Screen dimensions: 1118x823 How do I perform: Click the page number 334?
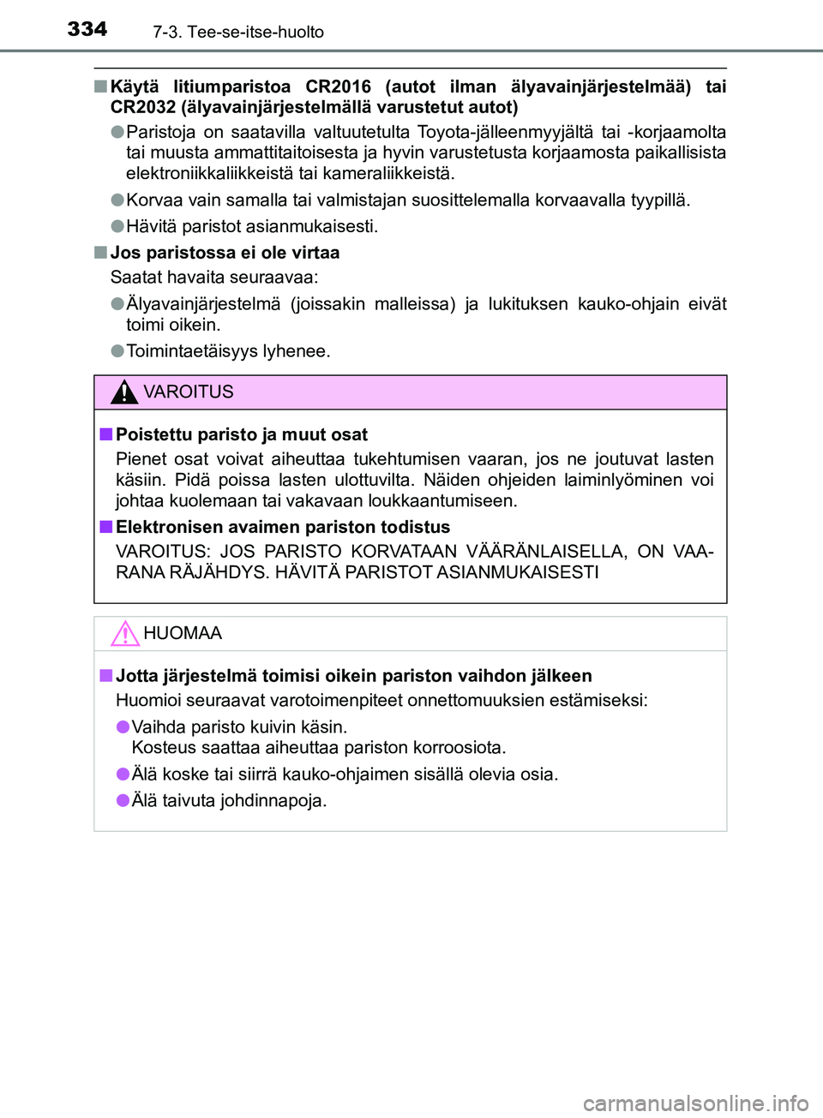pos(87,29)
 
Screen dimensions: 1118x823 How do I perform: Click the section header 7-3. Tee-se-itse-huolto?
pos(238,33)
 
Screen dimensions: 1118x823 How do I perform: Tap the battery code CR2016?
pos(338,87)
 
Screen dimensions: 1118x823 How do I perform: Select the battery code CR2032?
pos(142,107)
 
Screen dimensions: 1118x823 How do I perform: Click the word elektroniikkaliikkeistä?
pos(217,173)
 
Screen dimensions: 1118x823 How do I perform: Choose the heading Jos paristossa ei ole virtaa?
pos(225,253)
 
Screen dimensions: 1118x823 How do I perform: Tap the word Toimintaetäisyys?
pos(192,351)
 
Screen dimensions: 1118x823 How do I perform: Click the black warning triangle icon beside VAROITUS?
pos(124,392)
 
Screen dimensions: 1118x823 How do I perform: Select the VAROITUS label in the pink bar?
pos(189,392)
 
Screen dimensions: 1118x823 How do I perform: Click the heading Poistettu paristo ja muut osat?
pos(242,434)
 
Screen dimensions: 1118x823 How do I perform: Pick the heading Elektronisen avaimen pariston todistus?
pos(283,527)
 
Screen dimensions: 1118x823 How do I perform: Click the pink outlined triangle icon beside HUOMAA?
pos(124,634)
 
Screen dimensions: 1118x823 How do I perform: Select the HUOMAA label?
pos(183,634)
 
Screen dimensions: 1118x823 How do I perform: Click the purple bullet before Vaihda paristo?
pos(123,726)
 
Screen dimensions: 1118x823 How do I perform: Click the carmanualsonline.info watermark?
pos(695,1103)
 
